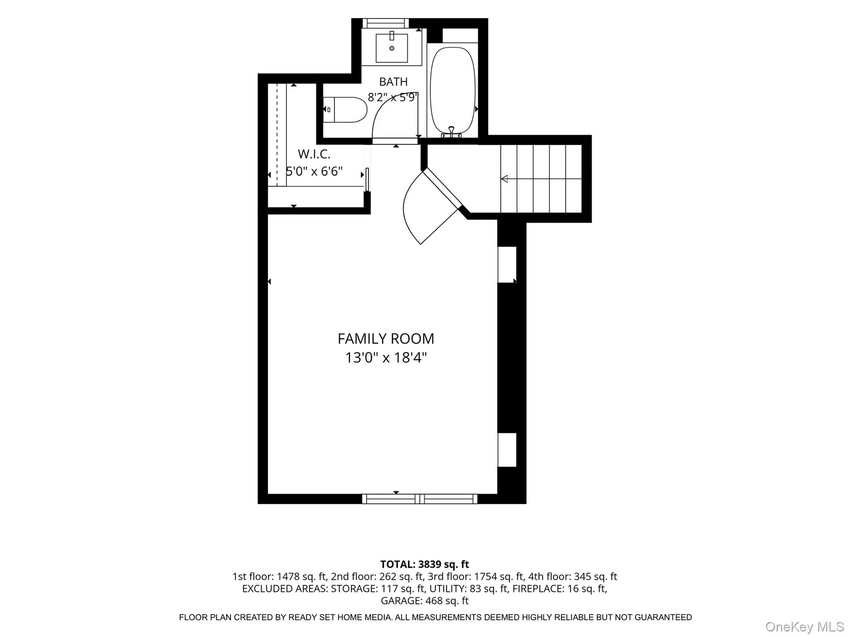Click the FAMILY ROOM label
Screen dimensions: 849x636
coord(386,339)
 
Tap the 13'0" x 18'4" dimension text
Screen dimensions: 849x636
coord(386,358)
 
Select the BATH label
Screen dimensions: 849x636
coord(393,82)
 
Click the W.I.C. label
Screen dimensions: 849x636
coord(314,154)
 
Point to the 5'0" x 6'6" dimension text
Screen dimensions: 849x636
coord(314,171)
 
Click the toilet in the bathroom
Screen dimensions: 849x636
coord(345,110)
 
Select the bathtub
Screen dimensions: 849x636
coord(453,91)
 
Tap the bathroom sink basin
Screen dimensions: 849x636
coord(392,48)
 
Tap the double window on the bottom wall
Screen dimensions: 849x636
coord(420,499)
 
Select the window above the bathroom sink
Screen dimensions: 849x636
coord(386,23)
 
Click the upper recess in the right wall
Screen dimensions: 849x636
coord(507,265)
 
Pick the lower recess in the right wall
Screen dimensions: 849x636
coord(507,450)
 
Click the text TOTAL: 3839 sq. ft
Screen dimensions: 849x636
coord(424,564)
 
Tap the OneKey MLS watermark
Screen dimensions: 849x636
coord(805,626)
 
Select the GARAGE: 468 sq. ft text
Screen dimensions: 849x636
coord(424,600)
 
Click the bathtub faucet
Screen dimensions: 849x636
coord(451,132)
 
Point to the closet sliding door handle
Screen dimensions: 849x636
coord(367,179)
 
